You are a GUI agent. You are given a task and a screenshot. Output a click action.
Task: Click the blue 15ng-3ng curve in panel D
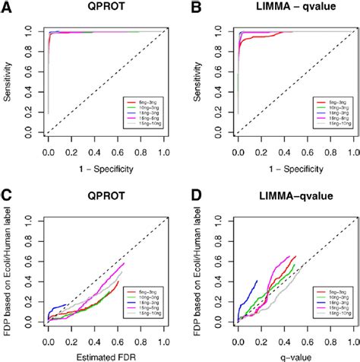coord(247,293)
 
